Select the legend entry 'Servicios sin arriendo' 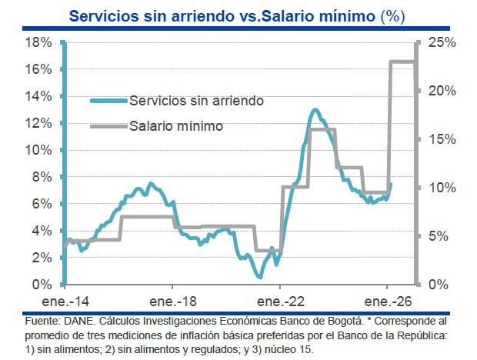(197, 101)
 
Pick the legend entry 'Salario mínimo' (176, 126)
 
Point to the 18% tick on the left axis (38, 42)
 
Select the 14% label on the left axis (38, 96)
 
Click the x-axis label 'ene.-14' (66, 301)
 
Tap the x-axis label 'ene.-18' (173, 301)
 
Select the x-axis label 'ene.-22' (281, 301)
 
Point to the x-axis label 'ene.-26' (388, 301)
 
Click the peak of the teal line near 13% (315, 111)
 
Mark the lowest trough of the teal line (260, 275)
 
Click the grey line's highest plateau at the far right (402, 62)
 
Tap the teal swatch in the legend (108, 101)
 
